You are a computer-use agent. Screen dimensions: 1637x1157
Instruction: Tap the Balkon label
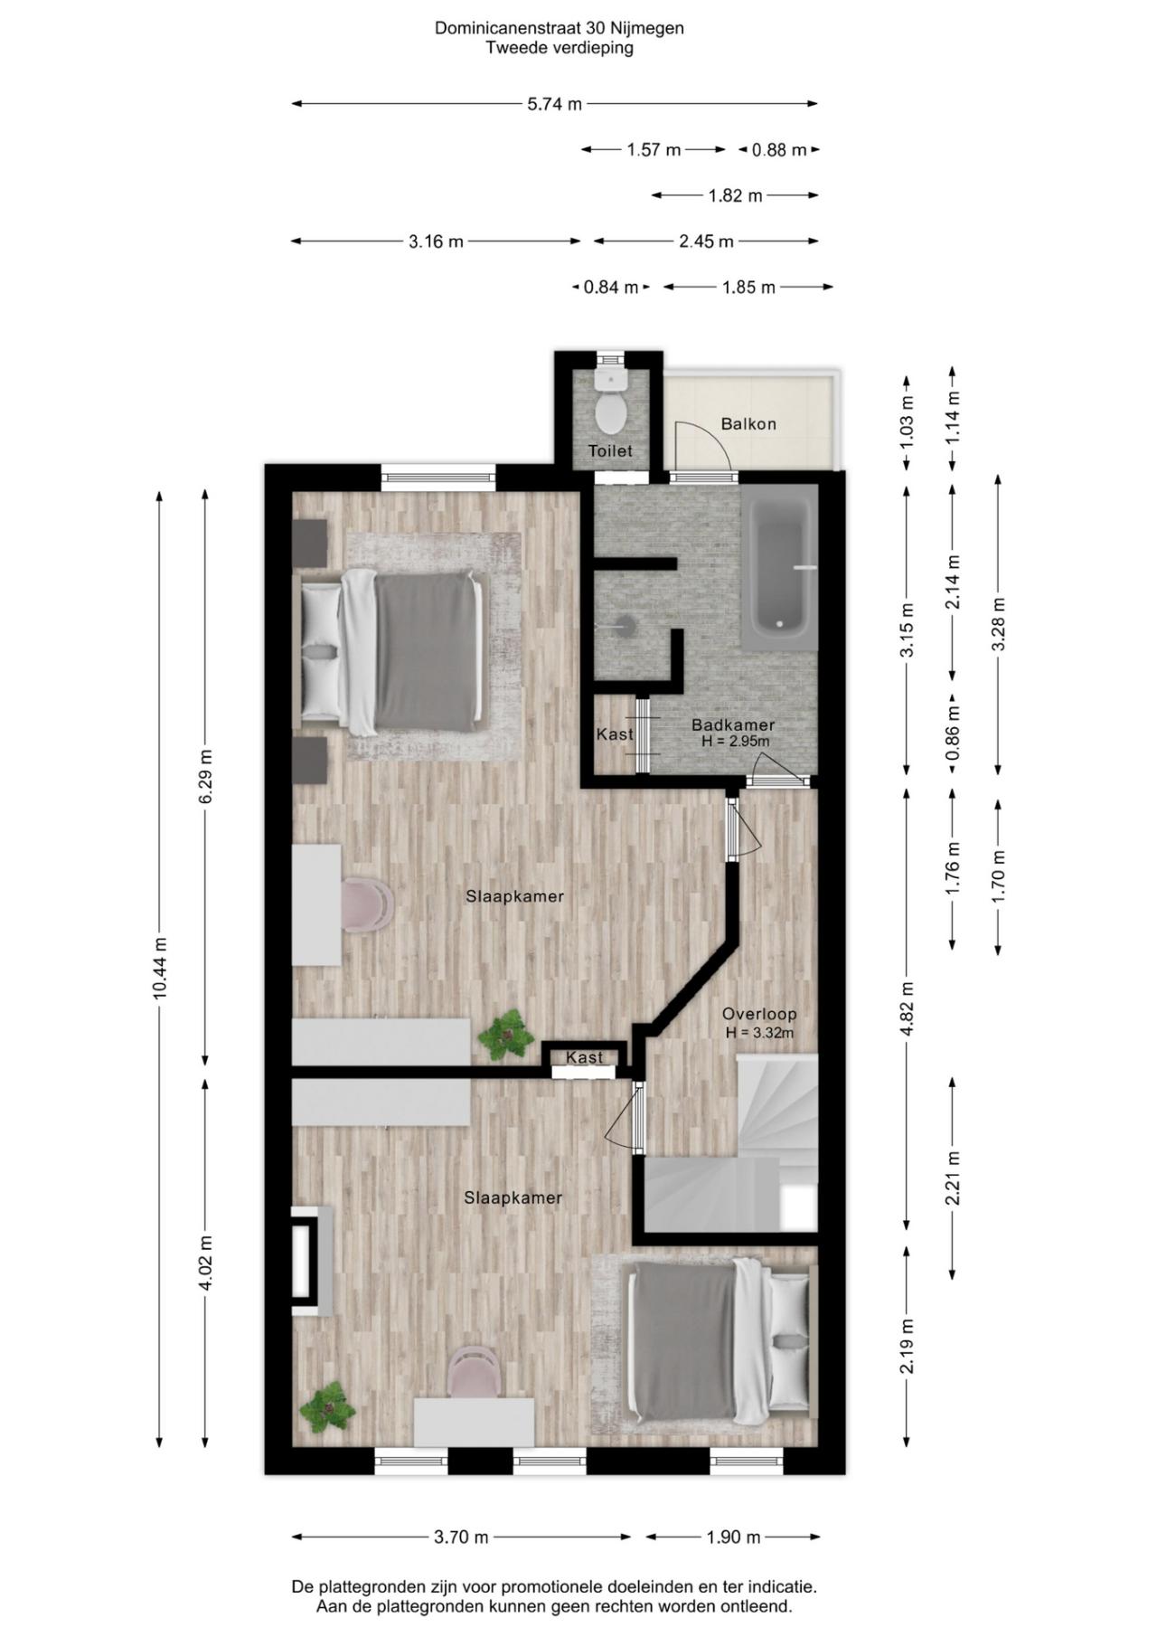(748, 423)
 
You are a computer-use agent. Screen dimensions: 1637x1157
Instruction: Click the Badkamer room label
(733, 725)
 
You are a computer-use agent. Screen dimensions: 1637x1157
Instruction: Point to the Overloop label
(759, 1015)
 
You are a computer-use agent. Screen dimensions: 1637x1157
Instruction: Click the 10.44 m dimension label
(160, 968)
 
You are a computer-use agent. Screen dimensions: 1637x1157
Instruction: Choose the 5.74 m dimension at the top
(555, 104)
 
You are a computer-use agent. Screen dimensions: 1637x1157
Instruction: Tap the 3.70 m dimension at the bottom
(461, 1537)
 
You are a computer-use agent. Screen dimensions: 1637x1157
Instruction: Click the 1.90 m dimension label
(733, 1537)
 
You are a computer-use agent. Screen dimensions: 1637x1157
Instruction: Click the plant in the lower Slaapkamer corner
(327, 1407)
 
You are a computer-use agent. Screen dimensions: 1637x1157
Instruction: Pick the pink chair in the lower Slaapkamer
(475, 1371)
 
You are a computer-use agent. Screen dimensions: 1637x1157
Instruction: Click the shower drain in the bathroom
(623, 623)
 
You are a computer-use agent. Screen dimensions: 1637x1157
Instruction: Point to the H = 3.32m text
(759, 1033)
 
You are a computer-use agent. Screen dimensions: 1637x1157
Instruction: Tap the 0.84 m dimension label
(611, 288)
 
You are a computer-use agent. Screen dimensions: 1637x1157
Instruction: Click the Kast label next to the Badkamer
(615, 734)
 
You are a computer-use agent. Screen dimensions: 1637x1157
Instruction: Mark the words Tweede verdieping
(560, 48)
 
